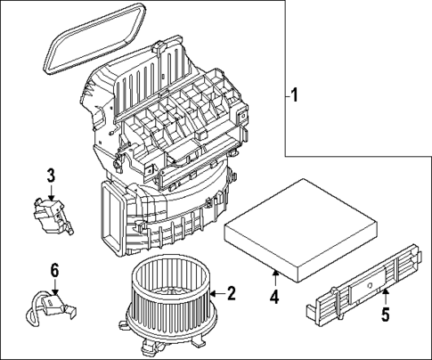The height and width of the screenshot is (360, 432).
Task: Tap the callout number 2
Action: pyautogui.click(x=231, y=292)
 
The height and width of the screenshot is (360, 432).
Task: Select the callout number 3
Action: pyautogui.click(x=52, y=174)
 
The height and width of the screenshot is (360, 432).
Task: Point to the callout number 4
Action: pyautogui.click(x=275, y=297)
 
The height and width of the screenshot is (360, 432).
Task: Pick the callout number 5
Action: pyautogui.click(x=385, y=315)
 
